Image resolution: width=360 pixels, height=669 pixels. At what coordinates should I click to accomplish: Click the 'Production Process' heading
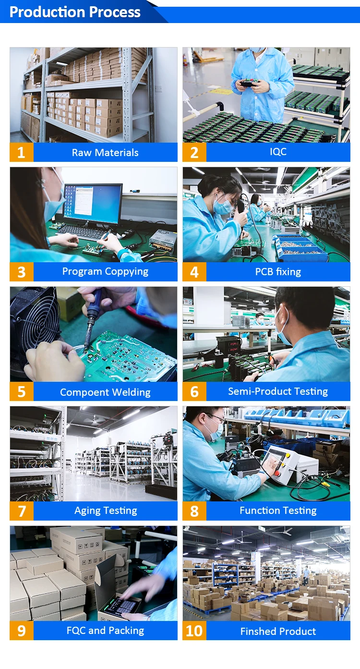coord(75,12)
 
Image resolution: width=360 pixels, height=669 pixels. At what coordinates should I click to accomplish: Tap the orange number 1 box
coord(22,152)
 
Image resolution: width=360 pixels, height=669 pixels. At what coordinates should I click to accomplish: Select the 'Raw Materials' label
coord(105,153)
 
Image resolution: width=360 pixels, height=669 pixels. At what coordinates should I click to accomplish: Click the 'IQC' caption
coord(278,152)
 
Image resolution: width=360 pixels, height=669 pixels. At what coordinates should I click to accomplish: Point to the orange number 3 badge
coord(22,272)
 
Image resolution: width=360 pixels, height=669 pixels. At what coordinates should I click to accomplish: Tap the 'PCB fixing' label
coord(278,272)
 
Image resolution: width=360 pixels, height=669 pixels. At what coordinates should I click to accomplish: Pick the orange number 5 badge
coord(22,391)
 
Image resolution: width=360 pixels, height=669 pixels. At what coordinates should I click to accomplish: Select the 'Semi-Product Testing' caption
coord(278,391)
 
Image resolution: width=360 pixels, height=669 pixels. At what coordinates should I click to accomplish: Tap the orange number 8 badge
coord(194,511)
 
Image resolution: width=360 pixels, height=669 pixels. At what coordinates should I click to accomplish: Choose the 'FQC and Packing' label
coord(105,631)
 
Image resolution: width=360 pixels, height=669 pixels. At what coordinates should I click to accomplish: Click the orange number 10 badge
coord(194,631)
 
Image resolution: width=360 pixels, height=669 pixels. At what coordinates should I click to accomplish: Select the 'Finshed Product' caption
coord(278,631)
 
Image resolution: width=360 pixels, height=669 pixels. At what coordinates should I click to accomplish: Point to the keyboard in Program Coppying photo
coord(82,232)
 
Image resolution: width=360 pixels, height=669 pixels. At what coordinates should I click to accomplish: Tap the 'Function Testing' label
coord(278,511)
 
